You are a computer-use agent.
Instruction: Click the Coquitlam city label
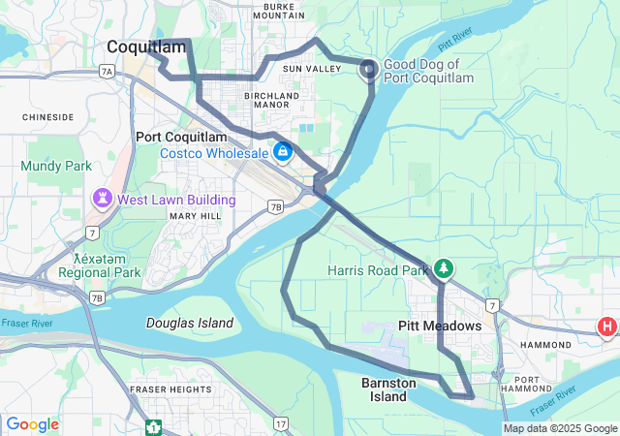pyautogui.click(x=146, y=47)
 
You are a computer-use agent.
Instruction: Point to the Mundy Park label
pyautogui.click(x=56, y=166)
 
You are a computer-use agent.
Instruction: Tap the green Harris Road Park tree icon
pyautogui.click(x=444, y=267)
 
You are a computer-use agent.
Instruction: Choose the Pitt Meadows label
pyautogui.click(x=440, y=326)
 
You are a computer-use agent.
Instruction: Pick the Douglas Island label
pyautogui.click(x=190, y=323)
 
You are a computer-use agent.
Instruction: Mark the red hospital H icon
pyautogui.click(x=607, y=327)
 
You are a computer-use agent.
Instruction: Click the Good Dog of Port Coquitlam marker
pyautogui.click(x=369, y=68)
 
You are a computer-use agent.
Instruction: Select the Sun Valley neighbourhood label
pyautogui.click(x=312, y=70)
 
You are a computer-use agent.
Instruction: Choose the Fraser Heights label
pyautogui.click(x=170, y=389)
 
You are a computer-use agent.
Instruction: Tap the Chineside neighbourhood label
pyautogui.click(x=48, y=116)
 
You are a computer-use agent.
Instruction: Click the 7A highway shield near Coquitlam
pyautogui.click(x=107, y=71)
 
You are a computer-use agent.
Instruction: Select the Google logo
pyautogui.click(x=33, y=424)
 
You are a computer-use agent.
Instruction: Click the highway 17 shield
pyautogui.click(x=280, y=422)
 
